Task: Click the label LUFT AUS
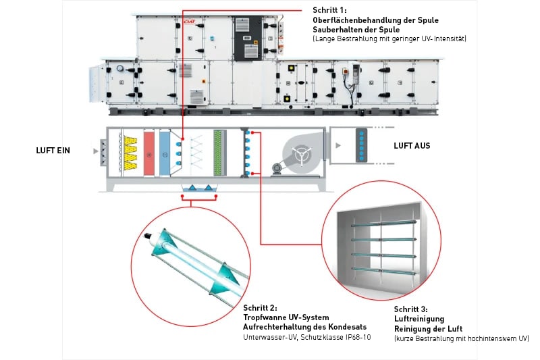pyautogui.click(x=412, y=145)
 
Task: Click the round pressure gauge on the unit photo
pyautogui.click(x=120, y=68)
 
